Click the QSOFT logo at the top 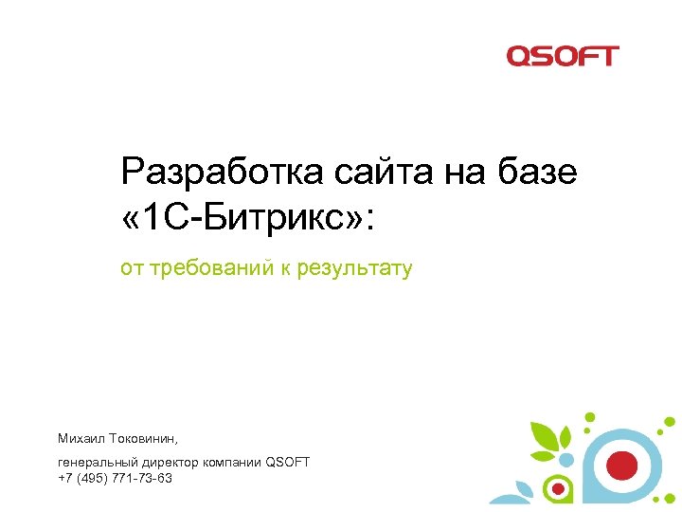[x=562, y=56]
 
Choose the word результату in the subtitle [x=355, y=269]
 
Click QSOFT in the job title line [x=288, y=462]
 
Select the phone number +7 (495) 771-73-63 [x=115, y=478]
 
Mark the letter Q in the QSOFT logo [x=519, y=56]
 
